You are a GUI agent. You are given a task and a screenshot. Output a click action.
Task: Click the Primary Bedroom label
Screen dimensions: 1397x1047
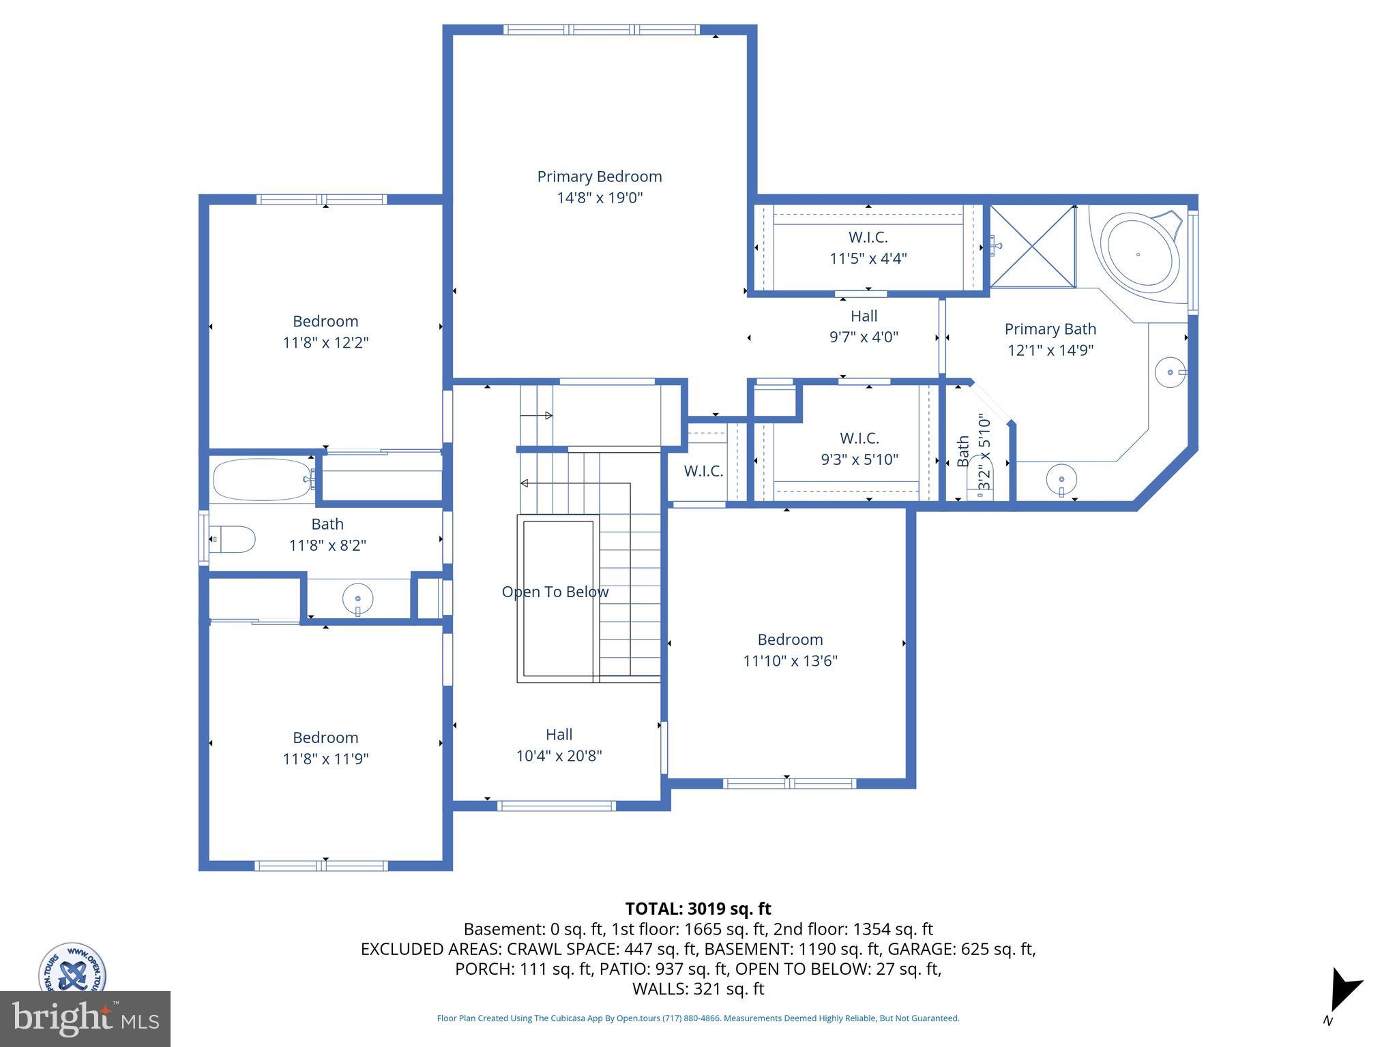[x=600, y=177]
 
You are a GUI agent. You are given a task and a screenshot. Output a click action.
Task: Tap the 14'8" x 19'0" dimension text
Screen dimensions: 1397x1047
[x=600, y=198]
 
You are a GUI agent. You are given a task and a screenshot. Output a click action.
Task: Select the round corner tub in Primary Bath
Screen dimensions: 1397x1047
[x=1143, y=254]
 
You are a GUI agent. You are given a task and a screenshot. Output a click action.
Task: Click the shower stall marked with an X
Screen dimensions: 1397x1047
[x=1033, y=246]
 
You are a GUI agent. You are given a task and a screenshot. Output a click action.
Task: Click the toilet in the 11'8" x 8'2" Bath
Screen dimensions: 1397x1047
[x=232, y=539]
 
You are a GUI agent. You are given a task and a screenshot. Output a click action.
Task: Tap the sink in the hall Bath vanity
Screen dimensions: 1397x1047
[x=358, y=599]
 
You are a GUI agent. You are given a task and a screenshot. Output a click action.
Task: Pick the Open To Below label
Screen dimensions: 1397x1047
[x=555, y=592]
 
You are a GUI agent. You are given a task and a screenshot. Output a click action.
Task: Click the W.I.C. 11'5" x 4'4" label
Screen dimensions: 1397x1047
[x=868, y=247]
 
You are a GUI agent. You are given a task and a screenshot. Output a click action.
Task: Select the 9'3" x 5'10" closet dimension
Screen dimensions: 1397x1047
[x=859, y=459]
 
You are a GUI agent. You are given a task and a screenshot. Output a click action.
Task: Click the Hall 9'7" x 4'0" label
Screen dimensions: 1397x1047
[x=864, y=326]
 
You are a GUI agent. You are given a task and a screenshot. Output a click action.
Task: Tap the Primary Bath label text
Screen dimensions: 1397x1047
[x=1050, y=329]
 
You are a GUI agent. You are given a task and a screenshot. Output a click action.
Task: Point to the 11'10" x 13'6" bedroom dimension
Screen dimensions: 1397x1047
[x=791, y=661]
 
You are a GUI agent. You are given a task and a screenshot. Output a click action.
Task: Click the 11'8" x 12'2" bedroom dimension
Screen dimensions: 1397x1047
[x=326, y=342]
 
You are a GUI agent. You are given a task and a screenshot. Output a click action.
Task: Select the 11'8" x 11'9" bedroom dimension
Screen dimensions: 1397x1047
[x=326, y=759]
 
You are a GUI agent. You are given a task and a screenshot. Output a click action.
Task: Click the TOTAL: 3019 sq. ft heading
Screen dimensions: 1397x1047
[x=698, y=909]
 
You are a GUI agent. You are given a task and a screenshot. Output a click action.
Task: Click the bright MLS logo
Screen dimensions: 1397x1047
[x=85, y=1019]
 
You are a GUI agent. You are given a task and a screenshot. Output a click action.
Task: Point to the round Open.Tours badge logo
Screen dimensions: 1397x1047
[x=72, y=968]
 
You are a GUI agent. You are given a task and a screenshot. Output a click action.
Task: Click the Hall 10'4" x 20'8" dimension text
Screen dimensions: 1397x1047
[x=559, y=756]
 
